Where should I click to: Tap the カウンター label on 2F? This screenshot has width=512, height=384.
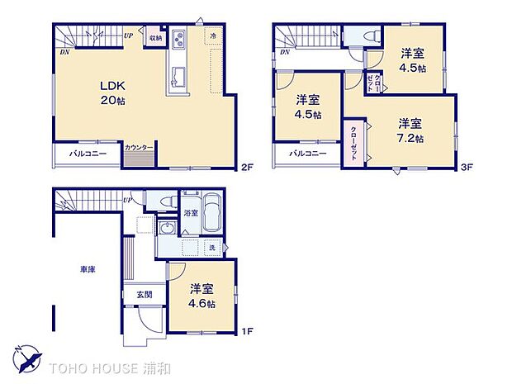[139, 148]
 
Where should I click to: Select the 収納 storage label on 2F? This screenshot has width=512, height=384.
[156, 37]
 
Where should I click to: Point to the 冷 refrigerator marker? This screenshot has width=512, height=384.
[213, 36]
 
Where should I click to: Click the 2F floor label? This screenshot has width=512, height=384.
[245, 168]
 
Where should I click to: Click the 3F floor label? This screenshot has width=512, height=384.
[466, 168]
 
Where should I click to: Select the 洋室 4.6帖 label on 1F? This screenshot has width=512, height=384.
[202, 296]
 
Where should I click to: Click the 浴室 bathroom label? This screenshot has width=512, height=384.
[190, 211]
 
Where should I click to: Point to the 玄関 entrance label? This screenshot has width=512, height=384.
[134, 295]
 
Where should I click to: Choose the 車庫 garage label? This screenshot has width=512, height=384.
[88, 270]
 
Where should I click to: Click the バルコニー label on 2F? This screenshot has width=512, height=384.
[88, 154]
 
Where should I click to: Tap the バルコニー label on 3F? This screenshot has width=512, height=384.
[308, 154]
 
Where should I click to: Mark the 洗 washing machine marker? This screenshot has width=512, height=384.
[212, 249]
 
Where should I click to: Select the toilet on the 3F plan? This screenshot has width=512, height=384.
[370, 35]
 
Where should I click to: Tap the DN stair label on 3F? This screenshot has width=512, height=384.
[284, 52]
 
